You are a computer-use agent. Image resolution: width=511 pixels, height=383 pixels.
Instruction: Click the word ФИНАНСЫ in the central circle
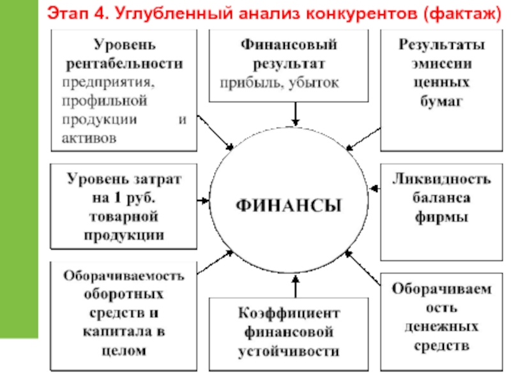point(289,206)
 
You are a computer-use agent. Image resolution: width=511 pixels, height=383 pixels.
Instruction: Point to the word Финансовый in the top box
point(288,45)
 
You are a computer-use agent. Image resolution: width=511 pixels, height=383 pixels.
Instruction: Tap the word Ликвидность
point(441,178)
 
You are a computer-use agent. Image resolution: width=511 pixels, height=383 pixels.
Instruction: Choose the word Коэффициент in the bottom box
point(289,314)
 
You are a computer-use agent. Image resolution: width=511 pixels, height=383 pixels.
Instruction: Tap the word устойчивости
point(289,350)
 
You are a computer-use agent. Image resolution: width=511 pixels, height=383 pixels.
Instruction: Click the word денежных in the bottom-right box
point(441,327)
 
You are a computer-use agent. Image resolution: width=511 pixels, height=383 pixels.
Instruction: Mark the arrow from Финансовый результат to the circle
point(295,114)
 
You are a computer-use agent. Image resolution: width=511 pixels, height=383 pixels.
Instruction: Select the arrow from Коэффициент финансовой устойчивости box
point(295,290)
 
